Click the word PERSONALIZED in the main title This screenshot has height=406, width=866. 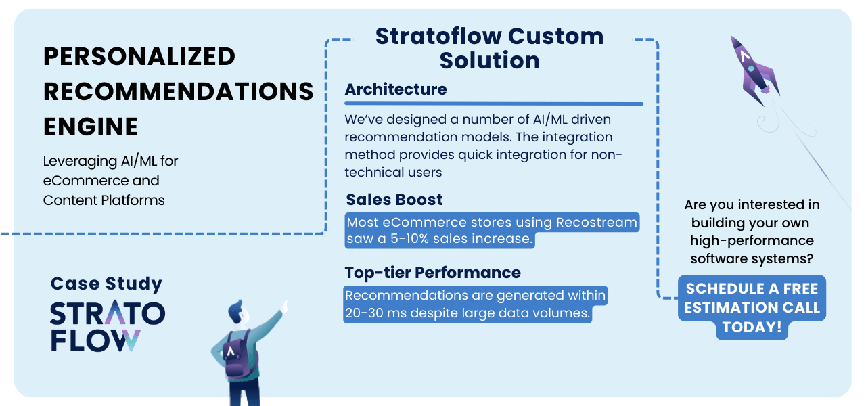[x=139, y=56]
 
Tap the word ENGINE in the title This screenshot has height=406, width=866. [x=91, y=127]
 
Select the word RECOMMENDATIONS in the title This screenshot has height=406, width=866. [x=178, y=91]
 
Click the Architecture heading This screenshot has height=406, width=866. [x=396, y=89]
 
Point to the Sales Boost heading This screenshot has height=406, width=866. [x=394, y=200]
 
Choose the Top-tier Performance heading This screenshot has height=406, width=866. [x=432, y=273]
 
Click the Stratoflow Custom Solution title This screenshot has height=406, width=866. [x=489, y=48]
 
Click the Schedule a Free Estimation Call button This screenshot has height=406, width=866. [x=752, y=308]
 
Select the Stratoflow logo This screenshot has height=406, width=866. [x=108, y=327]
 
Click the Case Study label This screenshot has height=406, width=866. [x=106, y=284]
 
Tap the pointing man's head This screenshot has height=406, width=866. [x=237, y=312]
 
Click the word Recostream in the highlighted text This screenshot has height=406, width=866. [x=597, y=223]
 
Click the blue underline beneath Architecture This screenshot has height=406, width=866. [x=494, y=104]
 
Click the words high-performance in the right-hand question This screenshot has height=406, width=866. [x=752, y=241]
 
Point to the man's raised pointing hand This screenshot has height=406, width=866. [x=285, y=307]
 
